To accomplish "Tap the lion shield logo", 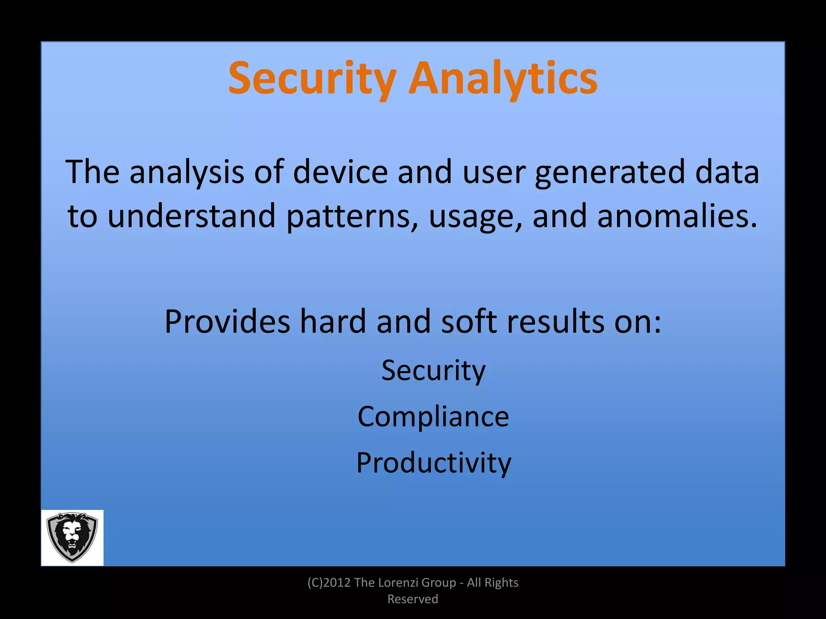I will pyautogui.click(x=72, y=538).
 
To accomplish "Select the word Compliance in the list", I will pyautogui.click(x=433, y=416).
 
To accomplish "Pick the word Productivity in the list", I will pyautogui.click(x=434, y=463).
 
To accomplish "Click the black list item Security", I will pyautogui.click(x=434, y=370).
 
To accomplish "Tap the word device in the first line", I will pyautogui.click(x=340, y=172).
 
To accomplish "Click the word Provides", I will pyautogui.click(x=227, y=321).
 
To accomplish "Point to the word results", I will pyautogui.click(x=555, y=321).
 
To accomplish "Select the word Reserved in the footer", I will pyautogui.click(x=413, y=599).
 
